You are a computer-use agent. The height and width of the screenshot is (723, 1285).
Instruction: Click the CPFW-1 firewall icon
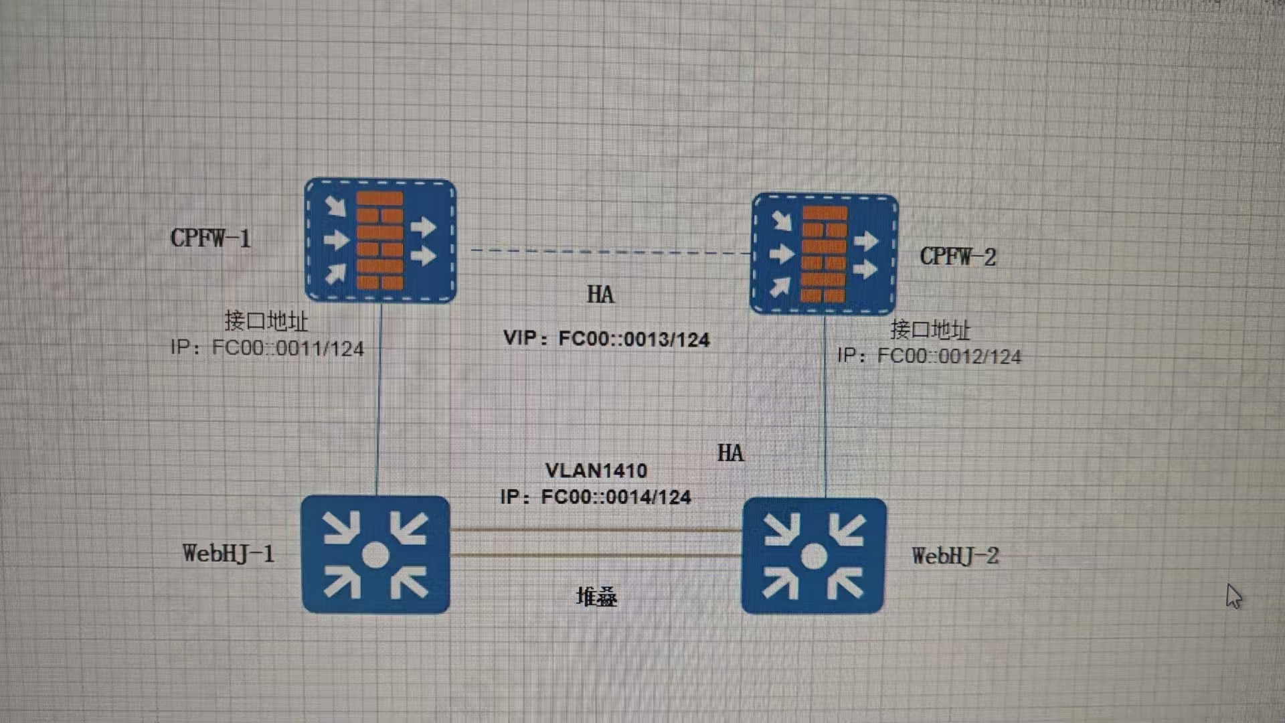[380, 240]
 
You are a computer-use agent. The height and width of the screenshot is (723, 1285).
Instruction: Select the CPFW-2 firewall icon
[824, 254]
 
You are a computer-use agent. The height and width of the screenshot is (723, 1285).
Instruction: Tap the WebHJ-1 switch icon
[375, 554]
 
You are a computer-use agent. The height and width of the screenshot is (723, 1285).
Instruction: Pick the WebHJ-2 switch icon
[814, 556]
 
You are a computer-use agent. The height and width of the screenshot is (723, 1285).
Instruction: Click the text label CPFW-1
[211, 238]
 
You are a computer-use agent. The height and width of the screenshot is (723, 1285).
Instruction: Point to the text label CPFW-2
[958, 256]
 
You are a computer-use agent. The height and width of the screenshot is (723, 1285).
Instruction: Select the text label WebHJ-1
[228, 554]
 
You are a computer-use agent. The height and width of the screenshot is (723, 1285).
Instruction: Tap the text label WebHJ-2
[955, 556]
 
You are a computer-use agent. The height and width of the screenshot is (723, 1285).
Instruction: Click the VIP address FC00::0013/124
[634, 339]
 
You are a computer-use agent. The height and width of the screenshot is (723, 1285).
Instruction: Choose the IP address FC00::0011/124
[288, 349]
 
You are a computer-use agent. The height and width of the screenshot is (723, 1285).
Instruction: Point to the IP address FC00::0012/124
[949, 356]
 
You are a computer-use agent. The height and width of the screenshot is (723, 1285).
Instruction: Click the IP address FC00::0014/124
[616, 497]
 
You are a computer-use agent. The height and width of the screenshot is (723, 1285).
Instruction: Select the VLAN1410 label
[596, 471]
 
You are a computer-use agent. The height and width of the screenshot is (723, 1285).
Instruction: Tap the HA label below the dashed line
[600, 295]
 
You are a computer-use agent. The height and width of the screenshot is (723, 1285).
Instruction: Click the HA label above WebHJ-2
[730, 453]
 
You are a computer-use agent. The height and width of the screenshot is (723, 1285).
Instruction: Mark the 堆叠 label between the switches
[596, 596]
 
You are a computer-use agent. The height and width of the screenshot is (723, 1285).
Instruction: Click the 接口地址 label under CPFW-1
[266, 321]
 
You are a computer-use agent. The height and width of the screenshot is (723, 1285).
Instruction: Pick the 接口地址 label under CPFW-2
[930, 330]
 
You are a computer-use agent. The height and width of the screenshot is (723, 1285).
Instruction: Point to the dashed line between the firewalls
[609, 252]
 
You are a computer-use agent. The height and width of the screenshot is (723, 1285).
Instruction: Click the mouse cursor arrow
[1233, 595]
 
